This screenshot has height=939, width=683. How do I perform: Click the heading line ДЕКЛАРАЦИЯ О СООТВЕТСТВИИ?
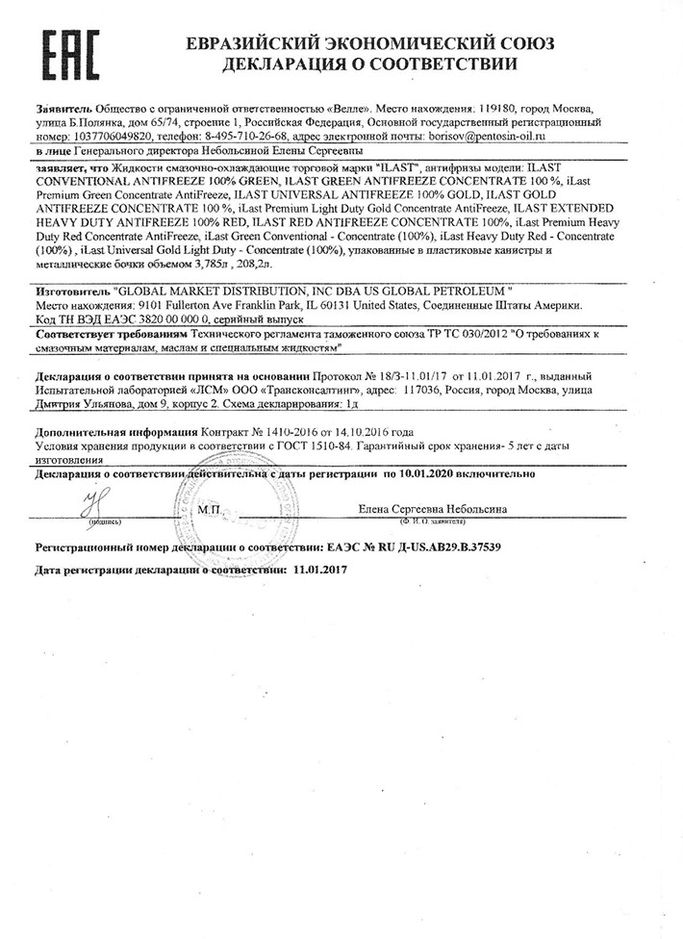[369, 65]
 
